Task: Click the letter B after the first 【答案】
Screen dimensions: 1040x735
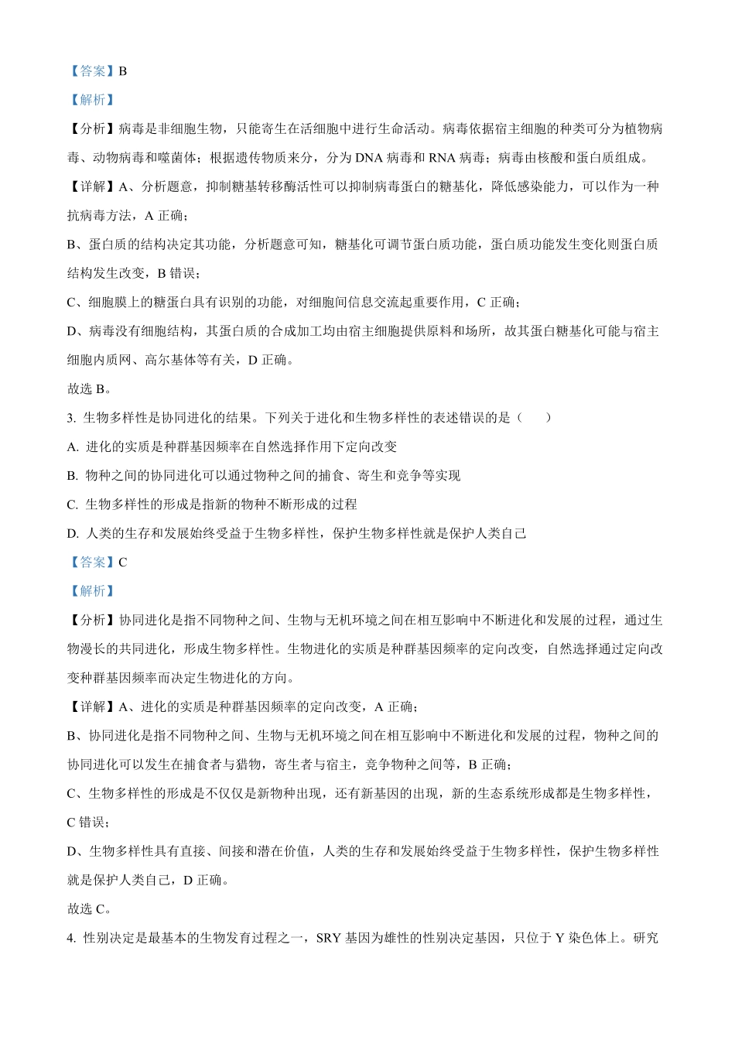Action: [123, 71]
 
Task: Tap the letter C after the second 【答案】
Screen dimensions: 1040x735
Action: [123, 563]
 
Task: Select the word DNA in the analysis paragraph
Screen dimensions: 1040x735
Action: [370, 158]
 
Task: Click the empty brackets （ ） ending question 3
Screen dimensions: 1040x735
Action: [535, 418]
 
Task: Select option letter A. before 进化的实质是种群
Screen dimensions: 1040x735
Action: [73, 447]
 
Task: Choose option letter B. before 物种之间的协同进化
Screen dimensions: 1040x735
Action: [73, 476]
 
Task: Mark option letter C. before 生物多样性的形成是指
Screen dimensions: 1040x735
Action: [73, 505]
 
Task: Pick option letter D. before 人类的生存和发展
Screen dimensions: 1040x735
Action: [73, 534]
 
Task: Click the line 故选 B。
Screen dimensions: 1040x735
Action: [90, 389]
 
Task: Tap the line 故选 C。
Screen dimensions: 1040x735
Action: [90, 909]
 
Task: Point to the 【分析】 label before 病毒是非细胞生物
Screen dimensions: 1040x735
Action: [93, 129]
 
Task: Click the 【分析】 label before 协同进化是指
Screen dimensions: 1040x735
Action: [93, 621]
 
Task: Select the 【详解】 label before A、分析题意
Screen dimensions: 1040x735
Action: [93, 186]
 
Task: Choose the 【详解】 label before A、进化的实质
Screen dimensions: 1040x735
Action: [93, 707]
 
